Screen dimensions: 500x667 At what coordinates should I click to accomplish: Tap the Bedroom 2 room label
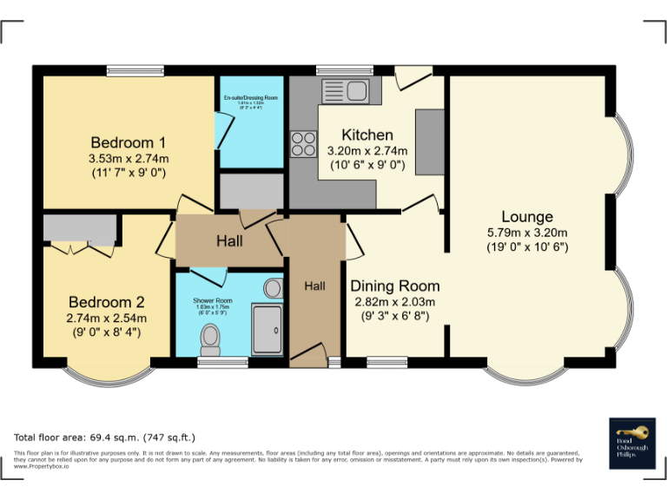(x=107, y=302)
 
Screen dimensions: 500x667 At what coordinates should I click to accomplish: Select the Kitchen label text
(x=367, y=135)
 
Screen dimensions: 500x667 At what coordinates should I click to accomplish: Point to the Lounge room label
(x=526, y=216)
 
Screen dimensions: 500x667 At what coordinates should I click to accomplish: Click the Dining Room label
(x=394, y=286)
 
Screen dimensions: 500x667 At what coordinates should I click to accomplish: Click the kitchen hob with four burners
(x=303, y=143)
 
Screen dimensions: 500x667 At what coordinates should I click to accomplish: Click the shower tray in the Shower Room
(x=267, y=330)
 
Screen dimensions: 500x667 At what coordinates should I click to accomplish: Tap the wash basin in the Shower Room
(x=273, y=287)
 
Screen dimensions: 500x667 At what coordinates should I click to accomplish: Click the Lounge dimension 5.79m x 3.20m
(x=526, y=232)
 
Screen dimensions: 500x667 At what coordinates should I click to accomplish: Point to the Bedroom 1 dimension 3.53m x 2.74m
(x=128, y=158)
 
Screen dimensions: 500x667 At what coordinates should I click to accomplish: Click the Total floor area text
(x=105, y=437)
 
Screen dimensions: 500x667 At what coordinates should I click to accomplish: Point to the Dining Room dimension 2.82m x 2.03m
(x=394, y=301)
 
